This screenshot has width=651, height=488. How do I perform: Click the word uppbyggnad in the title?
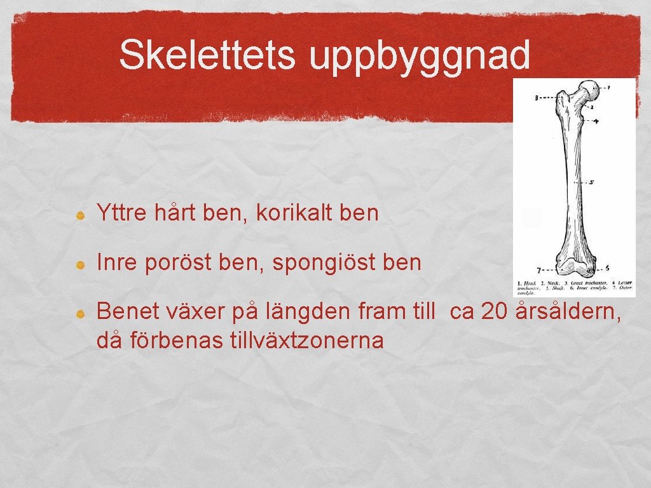[x=420, y=57]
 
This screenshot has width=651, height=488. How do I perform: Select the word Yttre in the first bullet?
[x=120, y=213]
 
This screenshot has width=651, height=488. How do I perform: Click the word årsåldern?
[x=570, y=312]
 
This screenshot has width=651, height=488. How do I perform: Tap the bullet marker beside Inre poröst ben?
[x=81, y=264]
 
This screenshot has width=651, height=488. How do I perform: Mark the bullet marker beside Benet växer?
[x=81, y=313]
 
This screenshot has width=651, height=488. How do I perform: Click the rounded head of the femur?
[x=590, y=90]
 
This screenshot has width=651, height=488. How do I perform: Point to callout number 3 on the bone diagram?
[x=537, y=98]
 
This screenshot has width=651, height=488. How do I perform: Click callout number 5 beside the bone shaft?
[x=591, y=182]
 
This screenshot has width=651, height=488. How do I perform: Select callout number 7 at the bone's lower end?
[x=538, y=269]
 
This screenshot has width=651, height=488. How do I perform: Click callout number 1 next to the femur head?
[x=608, y=87]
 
